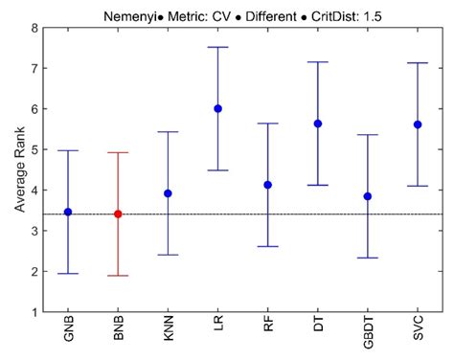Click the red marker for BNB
(118, 214)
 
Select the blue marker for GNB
(68, 212)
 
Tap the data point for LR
(218, 108)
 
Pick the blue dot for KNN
(168, 193)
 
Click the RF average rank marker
(268, 185)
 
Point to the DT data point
(318, 124)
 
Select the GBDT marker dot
(368, 196)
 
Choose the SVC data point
(418, 124)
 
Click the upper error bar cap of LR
(218, 47)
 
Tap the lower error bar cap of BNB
(118, 276)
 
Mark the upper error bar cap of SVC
(418, 63)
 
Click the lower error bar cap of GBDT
(368, 258)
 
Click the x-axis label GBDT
(369, 336)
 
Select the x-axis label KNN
(169, 333)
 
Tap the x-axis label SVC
(419, 333)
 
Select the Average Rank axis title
(16, 170)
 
